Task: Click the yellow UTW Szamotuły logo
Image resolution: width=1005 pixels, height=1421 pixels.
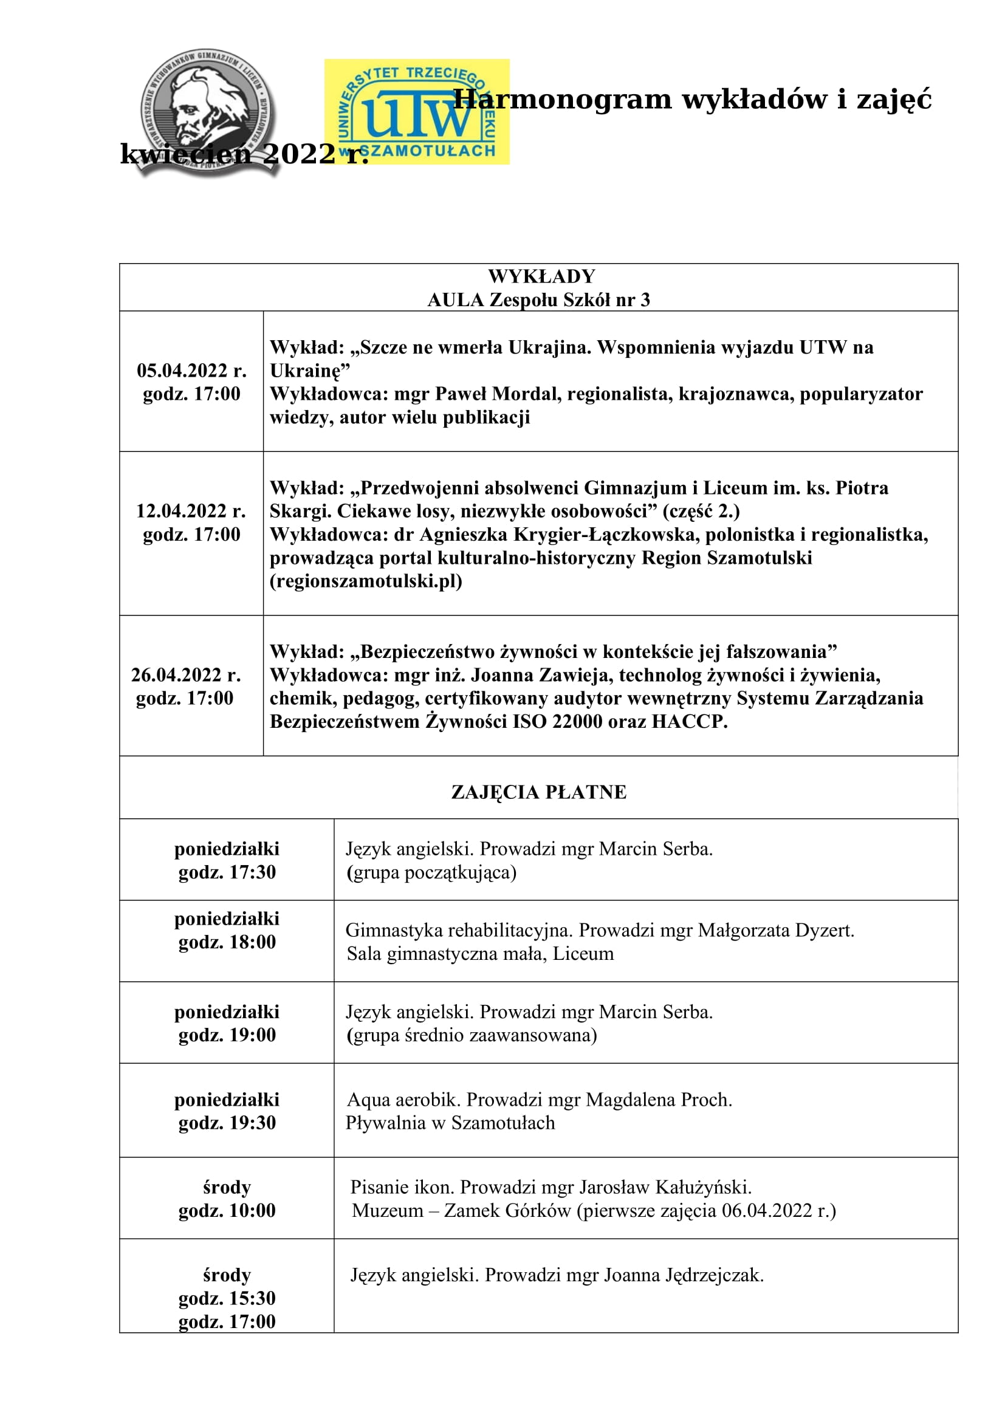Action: click(x=416, y=111)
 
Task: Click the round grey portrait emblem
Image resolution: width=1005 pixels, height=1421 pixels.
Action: click(x=207, y=112)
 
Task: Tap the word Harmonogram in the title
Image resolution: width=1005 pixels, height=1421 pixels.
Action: click(x=562, y=100)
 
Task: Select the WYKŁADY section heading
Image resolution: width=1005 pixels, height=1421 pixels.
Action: click(x=541, y=276)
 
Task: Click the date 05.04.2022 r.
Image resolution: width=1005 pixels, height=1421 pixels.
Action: click(x=191, y=371)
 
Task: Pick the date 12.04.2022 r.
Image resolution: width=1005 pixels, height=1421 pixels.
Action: click(x=191, y=511)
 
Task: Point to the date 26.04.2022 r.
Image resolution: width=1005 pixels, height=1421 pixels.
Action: click(x=186, y=675)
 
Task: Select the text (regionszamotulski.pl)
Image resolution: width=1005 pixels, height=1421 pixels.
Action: click(x=366, y=582)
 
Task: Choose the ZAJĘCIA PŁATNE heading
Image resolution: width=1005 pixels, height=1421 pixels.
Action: click(x=538, y=793)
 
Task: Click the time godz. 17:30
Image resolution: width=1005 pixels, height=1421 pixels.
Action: click(x=227, y=872)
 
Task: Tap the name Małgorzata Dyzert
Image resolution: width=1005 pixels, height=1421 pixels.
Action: click(x=776, y=931)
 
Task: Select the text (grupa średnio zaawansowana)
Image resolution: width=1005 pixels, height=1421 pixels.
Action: click(x=472, y=1035)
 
